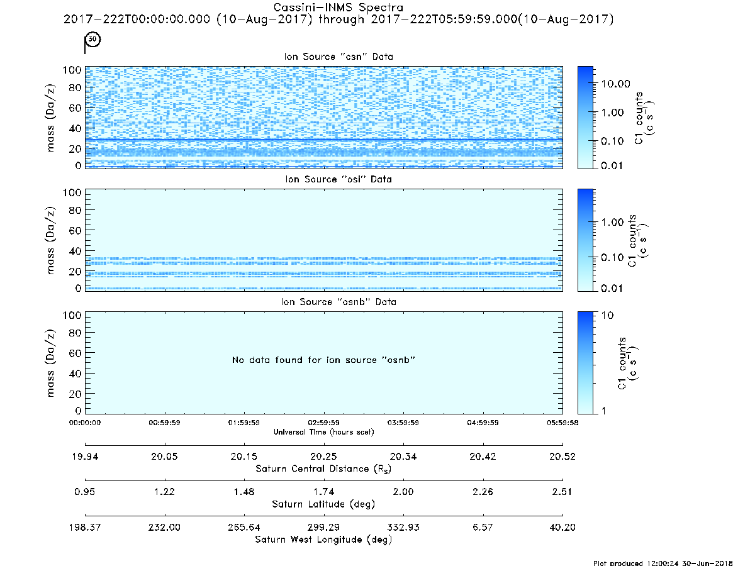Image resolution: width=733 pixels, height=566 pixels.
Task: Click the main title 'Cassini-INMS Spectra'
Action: point(338,8)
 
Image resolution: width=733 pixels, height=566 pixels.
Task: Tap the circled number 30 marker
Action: point(93,39)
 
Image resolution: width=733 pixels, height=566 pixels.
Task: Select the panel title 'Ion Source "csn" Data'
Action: point(339,57)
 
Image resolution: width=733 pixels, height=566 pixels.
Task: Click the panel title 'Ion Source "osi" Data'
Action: point(339,179)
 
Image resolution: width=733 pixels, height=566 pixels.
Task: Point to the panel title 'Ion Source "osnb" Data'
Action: point(339,302)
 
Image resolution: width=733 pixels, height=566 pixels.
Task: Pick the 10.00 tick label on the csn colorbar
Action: point(616,84)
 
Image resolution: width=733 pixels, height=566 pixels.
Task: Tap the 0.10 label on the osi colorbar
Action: point(612,257)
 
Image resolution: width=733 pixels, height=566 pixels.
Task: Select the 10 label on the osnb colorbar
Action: point(607,315)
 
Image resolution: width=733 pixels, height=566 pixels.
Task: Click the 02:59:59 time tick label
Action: point(323,423)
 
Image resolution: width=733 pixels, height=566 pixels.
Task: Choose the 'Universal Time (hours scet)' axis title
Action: point(323,432)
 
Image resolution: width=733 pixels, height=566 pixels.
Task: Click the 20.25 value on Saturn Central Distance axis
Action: point(323,457)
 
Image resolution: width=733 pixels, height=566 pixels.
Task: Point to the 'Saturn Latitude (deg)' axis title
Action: point(323,504)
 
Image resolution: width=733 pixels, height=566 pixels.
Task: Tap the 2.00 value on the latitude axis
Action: point(403,492)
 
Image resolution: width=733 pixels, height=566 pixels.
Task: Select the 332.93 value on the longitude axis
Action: point(403,527)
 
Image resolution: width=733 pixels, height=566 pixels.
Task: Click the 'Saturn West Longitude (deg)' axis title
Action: point(323,540)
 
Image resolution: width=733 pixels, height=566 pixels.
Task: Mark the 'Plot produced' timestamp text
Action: point(663,563)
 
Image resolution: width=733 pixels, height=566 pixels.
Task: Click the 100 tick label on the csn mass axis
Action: point(72,70)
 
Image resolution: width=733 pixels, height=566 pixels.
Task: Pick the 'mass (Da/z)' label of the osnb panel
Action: point(51,363)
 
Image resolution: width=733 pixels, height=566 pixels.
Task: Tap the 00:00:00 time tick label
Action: point(84,423)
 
